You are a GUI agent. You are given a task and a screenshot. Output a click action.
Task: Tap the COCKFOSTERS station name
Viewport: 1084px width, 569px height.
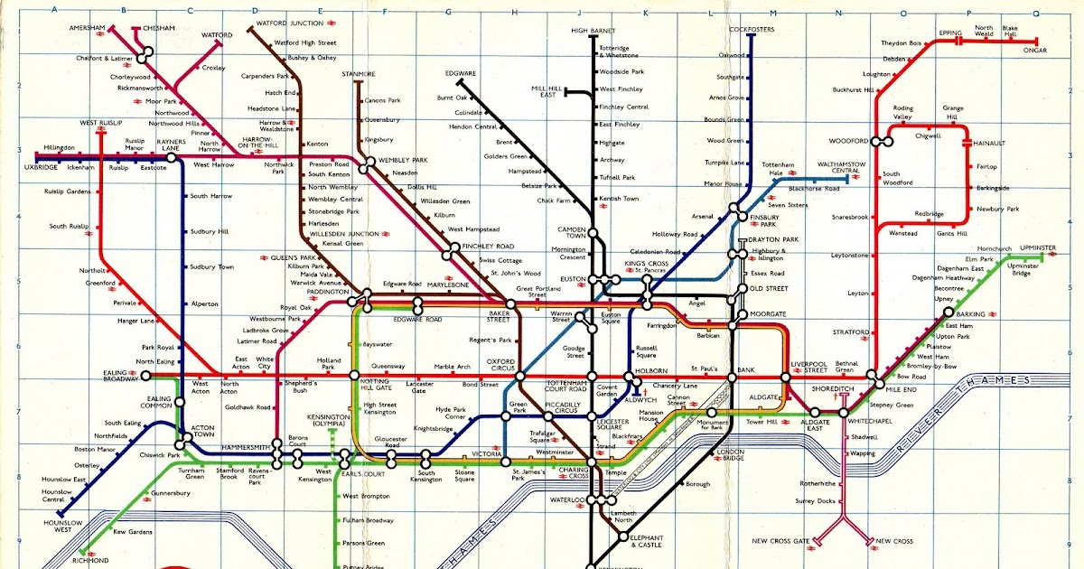752,30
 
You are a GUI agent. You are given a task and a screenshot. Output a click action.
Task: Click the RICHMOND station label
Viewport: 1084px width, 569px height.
89,561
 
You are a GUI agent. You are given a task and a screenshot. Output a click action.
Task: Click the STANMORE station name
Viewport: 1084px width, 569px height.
359,73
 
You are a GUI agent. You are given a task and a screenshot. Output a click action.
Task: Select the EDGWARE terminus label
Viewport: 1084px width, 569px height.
461,73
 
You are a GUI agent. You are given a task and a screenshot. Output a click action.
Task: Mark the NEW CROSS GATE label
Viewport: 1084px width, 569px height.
781,541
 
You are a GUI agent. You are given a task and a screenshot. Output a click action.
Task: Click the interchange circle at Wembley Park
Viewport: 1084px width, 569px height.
369,163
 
